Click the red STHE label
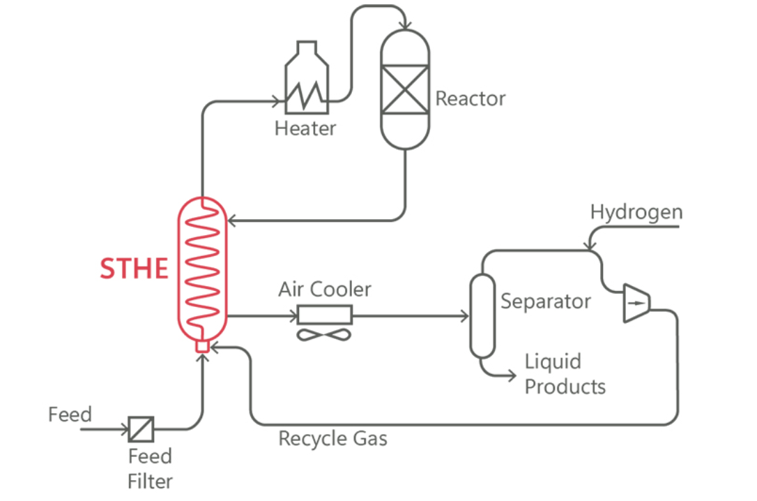click(x=134, y=269)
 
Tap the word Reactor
click(x=470, y=98)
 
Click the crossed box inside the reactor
click(x=404, y=89)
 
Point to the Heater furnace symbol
click(x=306, y=80)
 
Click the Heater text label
click(x=305, y=128)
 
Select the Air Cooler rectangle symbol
click(x=325, y=316)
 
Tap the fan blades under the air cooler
click(x=325, y=335)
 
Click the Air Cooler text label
click(x=325, y=289)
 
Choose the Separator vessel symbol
click(x=482, y=315)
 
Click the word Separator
click(x=545, y=301)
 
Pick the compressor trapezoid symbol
click(x=636, y=303)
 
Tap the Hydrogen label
click(x=636, y=212)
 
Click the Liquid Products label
click(x=564, y=374)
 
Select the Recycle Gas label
click(x=332, y=438)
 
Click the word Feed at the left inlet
click(x=70, y=414)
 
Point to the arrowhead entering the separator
click(x=464, y=316)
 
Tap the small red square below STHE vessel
click(x=203, y=345)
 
